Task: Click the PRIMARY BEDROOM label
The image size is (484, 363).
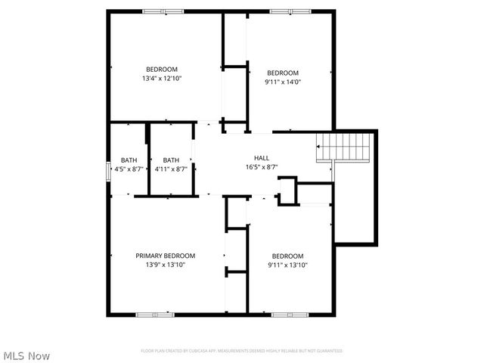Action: coord(166,256)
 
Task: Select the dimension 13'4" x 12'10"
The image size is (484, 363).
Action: coord(161,78)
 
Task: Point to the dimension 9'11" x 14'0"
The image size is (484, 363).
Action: coord(283,82)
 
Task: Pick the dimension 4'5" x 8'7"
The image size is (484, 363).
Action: coord(129,169)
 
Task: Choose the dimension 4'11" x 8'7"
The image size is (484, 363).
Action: coord(171,169)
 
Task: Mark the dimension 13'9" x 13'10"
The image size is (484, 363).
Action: coord(166,265)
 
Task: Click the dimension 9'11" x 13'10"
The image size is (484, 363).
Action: coord(287,265)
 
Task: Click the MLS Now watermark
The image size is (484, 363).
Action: coord(26,355)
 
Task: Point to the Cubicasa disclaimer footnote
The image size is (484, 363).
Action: coord(242,351)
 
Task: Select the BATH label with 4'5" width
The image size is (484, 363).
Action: coord(129,160)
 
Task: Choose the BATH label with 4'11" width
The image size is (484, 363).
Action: coord(171,160)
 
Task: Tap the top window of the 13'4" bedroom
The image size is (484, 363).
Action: coord(163,11)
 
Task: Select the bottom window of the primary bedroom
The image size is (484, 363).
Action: coord(157,313)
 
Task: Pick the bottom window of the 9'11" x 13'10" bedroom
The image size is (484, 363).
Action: coord(290,313)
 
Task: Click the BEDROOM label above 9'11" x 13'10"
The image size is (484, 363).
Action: coord(287,256)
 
